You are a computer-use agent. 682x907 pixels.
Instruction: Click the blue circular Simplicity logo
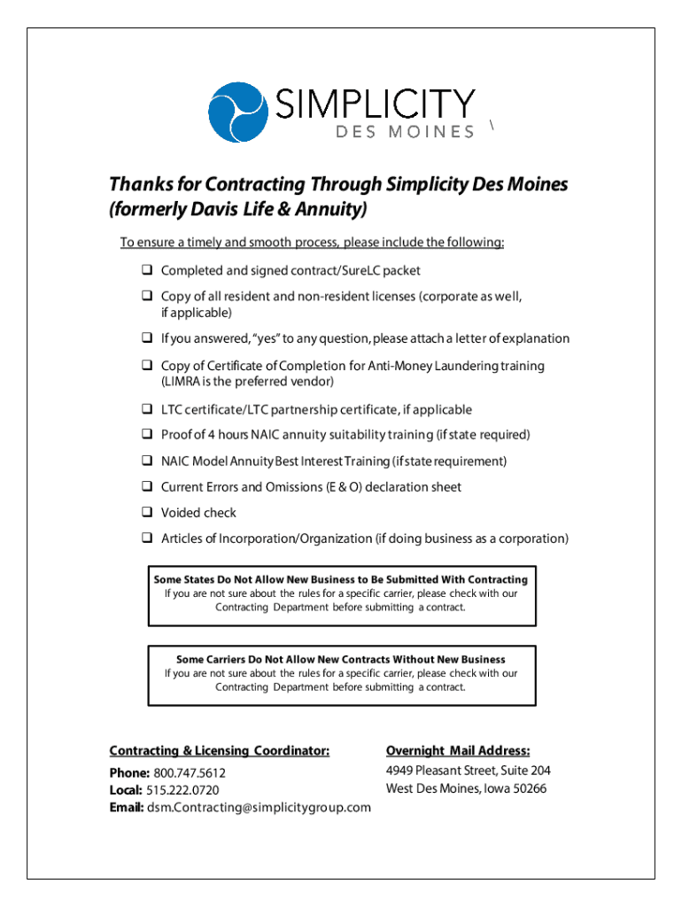coord(236,112)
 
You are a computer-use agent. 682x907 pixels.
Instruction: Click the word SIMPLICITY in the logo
coord(377,105)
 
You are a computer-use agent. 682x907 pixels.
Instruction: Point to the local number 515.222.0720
coord(183,790)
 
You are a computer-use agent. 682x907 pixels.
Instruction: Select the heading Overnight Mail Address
coord(458,750)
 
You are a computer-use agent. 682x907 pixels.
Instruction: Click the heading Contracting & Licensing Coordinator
coord(219,750)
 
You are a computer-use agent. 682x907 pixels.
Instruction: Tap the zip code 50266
coord(529,788)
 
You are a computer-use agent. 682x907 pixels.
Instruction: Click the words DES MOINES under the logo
coord(406,133)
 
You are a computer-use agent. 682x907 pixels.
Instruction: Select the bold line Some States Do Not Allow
coord(341,579)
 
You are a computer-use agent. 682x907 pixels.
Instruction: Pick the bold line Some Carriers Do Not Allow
coord(341,659)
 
